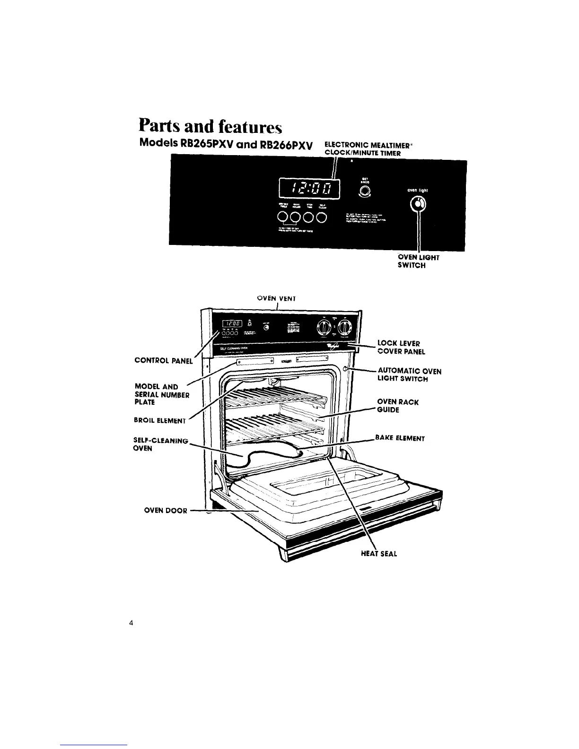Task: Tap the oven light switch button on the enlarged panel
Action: pos(417,204)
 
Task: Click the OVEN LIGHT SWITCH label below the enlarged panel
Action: pos(419,261)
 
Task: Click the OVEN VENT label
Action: pos(276,298)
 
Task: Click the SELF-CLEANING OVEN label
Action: pos(161,444)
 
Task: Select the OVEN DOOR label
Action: pos(165,511)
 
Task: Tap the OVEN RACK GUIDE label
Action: pos(397,406)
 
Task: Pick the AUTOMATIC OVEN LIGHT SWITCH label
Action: pos(409,375)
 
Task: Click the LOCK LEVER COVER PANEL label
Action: pos(401,347)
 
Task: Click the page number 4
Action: pos(131,623)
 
